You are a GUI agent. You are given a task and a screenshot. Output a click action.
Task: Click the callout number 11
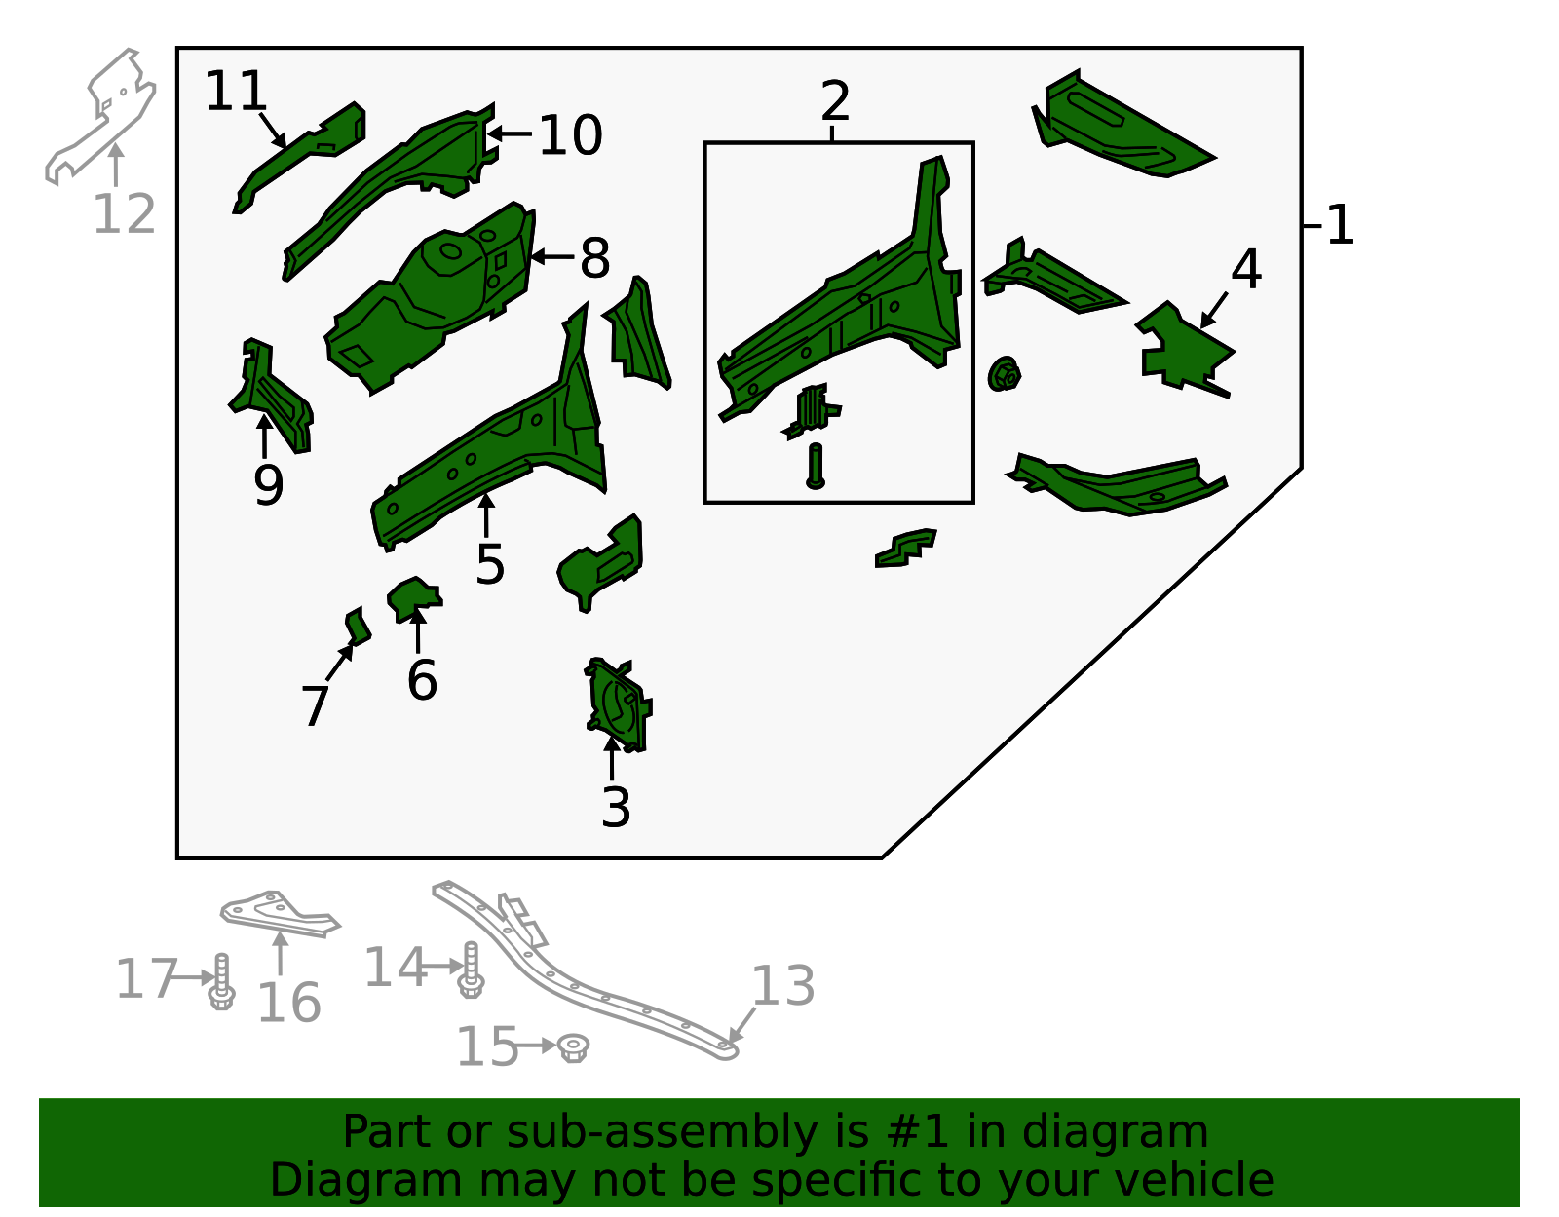236,91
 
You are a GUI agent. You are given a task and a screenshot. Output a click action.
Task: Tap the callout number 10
570,134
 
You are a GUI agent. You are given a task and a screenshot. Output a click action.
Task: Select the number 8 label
594,257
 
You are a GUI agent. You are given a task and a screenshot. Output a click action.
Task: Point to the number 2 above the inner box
835,100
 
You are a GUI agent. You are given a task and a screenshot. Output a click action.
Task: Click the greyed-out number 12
124,213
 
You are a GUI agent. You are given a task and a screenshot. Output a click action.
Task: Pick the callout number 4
1246,269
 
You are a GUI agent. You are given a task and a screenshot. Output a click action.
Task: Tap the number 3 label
616,808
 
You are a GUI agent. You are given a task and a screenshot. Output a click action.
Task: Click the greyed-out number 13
782,986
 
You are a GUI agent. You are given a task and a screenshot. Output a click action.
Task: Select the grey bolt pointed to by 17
222,981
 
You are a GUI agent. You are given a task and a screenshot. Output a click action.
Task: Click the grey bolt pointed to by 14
471,970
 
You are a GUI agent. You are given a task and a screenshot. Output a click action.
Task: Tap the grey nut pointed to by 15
573,1047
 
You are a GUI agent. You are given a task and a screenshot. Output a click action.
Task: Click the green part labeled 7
358,627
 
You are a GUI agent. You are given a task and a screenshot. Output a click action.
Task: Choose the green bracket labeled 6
414,599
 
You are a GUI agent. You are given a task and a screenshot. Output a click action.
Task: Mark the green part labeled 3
619,704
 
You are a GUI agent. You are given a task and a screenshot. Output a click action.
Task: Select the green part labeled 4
1184,349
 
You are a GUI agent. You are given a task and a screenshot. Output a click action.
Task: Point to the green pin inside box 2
815,466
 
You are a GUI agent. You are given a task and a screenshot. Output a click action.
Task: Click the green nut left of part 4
1004,374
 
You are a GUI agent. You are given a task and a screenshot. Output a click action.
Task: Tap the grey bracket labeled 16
280,914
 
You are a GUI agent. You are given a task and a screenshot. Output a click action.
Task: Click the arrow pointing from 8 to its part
551,256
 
